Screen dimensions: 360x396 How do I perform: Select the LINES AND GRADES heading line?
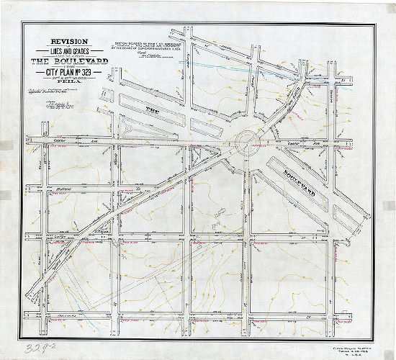click(x=65, y=52)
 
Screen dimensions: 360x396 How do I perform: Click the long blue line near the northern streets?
click(x=216, y=68)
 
